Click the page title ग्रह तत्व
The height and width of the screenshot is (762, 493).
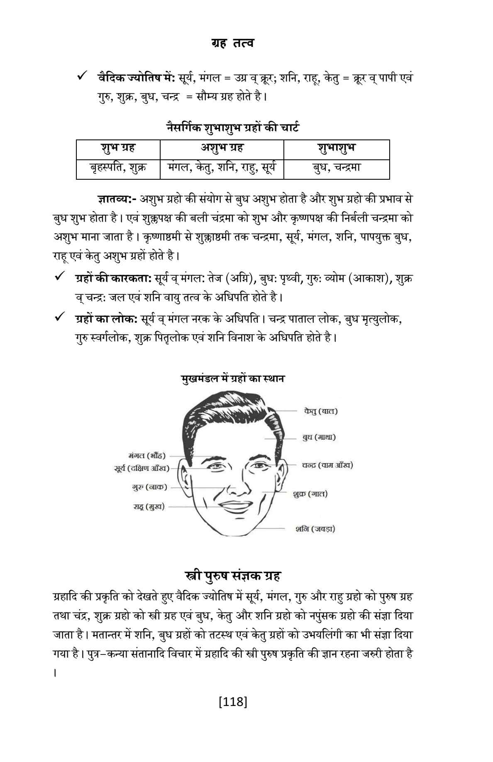click(232, 43)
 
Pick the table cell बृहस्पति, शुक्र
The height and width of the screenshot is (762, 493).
click(118, 168)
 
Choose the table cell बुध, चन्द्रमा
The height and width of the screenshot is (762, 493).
click(336, 168)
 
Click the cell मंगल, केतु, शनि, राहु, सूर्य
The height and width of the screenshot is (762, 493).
click(222, 168)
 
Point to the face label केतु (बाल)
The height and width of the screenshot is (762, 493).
click(320, 411)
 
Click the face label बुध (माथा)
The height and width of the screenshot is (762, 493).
click(319, 437)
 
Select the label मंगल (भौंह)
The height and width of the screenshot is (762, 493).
click(147, 456)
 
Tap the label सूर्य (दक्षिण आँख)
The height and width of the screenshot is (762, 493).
click(142, 468)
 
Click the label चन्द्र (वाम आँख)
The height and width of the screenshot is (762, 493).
click(327, 465)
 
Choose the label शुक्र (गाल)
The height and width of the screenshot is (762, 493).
click(310, 494)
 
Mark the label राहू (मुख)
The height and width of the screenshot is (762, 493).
click(149, 507)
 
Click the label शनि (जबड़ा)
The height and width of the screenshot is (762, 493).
click(315, 529)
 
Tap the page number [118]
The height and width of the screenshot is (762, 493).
click(233, 702)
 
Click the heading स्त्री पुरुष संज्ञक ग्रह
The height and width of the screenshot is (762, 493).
click(232, 576)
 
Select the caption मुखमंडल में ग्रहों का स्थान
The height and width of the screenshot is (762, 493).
click(233, 379)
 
